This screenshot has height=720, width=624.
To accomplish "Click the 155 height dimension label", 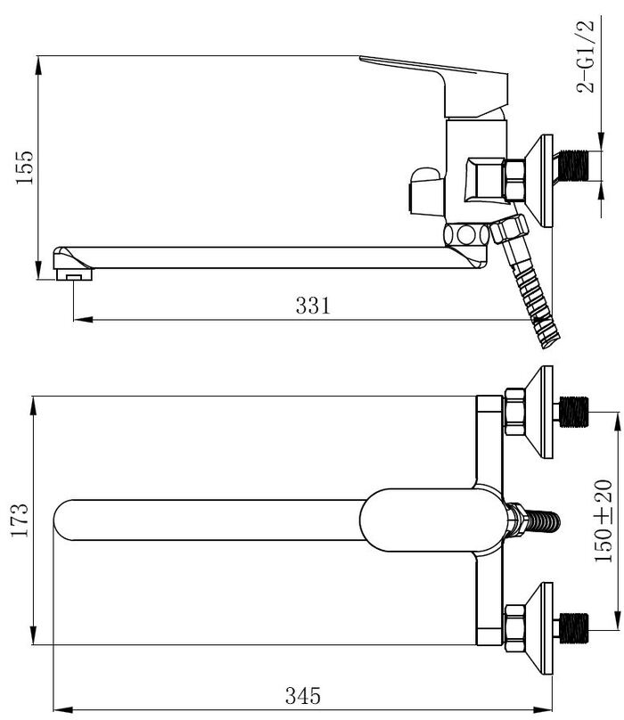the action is point(25,168).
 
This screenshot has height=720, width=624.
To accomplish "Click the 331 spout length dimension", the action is point(313,306).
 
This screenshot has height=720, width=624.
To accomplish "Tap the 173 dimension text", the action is point(20,520).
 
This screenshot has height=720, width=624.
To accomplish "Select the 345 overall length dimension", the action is point(303,696).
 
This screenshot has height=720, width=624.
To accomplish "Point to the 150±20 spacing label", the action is point(603,520).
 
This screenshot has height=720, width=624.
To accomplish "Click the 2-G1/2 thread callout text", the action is point(586,56).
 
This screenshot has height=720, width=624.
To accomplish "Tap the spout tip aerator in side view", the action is point(73,274).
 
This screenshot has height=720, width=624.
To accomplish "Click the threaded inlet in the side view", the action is point(575,166).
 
